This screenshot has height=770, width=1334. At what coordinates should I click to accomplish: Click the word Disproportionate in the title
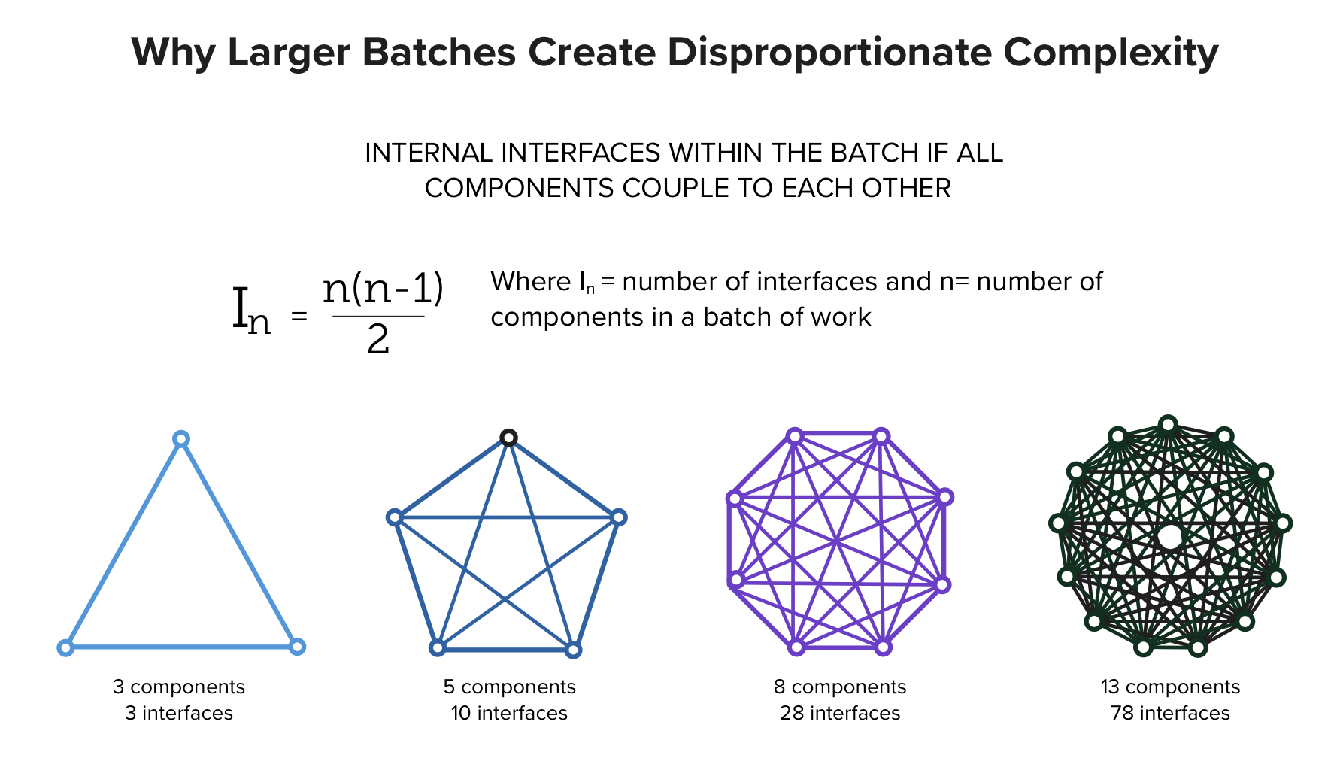click(x=829, y=53)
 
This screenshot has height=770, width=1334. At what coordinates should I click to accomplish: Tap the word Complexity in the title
click(x=1111, y=53)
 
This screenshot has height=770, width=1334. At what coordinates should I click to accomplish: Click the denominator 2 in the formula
click(x=378, y=340)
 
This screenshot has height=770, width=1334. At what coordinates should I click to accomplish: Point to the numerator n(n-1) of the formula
click(x=384, y=290)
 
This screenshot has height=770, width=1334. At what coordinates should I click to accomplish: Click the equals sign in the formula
click(x=299, y=317)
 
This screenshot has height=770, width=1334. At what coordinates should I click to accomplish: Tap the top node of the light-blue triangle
click(x=180, y=439)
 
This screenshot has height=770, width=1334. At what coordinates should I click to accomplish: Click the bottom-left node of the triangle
click(x=65, y=647)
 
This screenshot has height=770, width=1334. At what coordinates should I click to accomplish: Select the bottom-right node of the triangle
click(x=297, y=646)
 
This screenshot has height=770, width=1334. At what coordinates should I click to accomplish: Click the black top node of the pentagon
click(x=509, y=438)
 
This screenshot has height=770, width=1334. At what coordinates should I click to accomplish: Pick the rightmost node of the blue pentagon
click(x=618, y=517)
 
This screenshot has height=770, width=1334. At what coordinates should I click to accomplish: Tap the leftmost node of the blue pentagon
click(x=395, y=517)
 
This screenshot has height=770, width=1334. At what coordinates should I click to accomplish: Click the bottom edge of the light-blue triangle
click(x=181, y=646)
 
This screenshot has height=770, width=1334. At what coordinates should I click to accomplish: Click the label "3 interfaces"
click(x=179, y=713)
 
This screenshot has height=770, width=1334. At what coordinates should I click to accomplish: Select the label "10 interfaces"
click(x=509, y=713)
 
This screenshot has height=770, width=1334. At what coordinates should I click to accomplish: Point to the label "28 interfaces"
click(x=840, y=713)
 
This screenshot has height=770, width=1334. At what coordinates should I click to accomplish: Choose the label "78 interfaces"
click(x=1170, y=713)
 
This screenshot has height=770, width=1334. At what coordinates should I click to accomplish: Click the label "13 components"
click(x=1170, y=687)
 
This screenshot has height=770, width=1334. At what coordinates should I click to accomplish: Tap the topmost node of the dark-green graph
click(x=1168, y=425)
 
